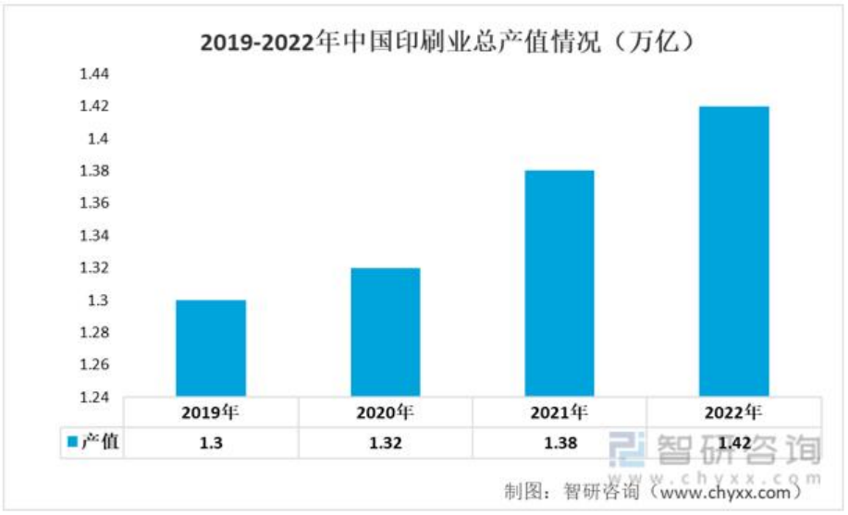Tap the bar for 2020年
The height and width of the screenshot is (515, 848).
coord(385,332)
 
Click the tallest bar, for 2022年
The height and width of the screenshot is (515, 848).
coord(733,251)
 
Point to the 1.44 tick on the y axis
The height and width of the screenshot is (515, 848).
coord(95,74)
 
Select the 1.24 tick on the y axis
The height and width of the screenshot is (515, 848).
coord(95,397)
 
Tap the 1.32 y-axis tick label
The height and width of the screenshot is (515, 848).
coord(95,268)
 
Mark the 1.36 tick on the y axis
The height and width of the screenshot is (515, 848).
coord(95,203)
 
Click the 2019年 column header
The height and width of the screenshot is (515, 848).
coord(211,412)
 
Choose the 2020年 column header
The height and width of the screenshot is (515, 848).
coord(385,412)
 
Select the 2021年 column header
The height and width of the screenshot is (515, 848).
coord(559,412)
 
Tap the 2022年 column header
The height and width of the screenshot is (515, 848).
coord(733,412)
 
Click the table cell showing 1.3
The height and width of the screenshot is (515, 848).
coord(211,443)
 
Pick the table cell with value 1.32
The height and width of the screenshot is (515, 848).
coord(385,443)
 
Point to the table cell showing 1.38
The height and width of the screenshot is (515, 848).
coord(559,443)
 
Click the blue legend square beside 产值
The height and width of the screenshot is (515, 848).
coord(73,443)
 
